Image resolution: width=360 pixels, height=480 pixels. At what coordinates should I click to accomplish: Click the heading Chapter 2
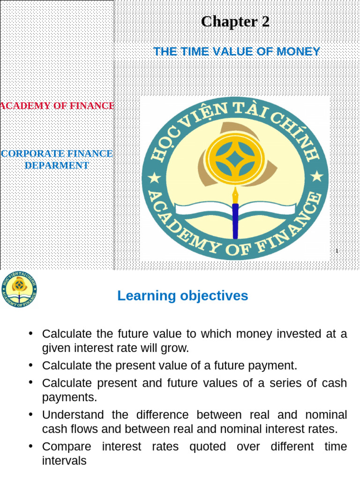click(x=235, y=22)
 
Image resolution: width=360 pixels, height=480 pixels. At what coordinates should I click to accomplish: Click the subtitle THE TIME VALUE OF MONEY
click(x=237, y=52)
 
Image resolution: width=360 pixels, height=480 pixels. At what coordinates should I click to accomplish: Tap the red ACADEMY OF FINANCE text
click(x=57, y=106)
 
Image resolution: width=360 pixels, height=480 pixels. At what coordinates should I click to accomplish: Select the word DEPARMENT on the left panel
click(x=57, y=165)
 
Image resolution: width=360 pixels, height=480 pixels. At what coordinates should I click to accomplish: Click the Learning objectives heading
click(x=182, y=296)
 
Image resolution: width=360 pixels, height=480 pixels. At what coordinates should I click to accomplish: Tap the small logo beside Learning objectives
click(x=19, y=289)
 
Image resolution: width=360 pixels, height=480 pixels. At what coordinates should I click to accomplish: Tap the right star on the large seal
click(x=317, y=177)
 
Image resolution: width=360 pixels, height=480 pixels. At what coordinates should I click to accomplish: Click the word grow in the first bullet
click(x=177, y=349)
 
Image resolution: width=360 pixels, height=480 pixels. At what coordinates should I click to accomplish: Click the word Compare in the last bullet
click(x=66, y=446)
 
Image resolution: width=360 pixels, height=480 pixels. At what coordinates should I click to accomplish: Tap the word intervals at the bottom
click(x=64, y=461)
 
